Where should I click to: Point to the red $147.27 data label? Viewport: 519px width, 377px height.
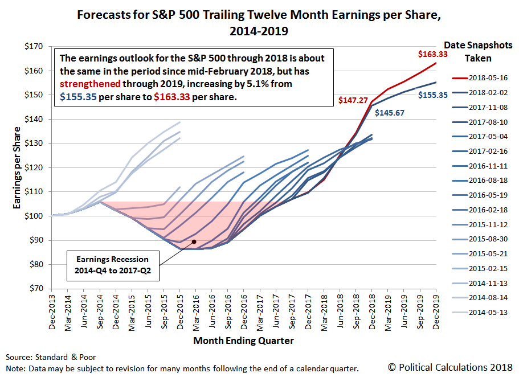point(353,100)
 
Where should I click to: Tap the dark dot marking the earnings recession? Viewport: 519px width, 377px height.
point(194,241)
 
